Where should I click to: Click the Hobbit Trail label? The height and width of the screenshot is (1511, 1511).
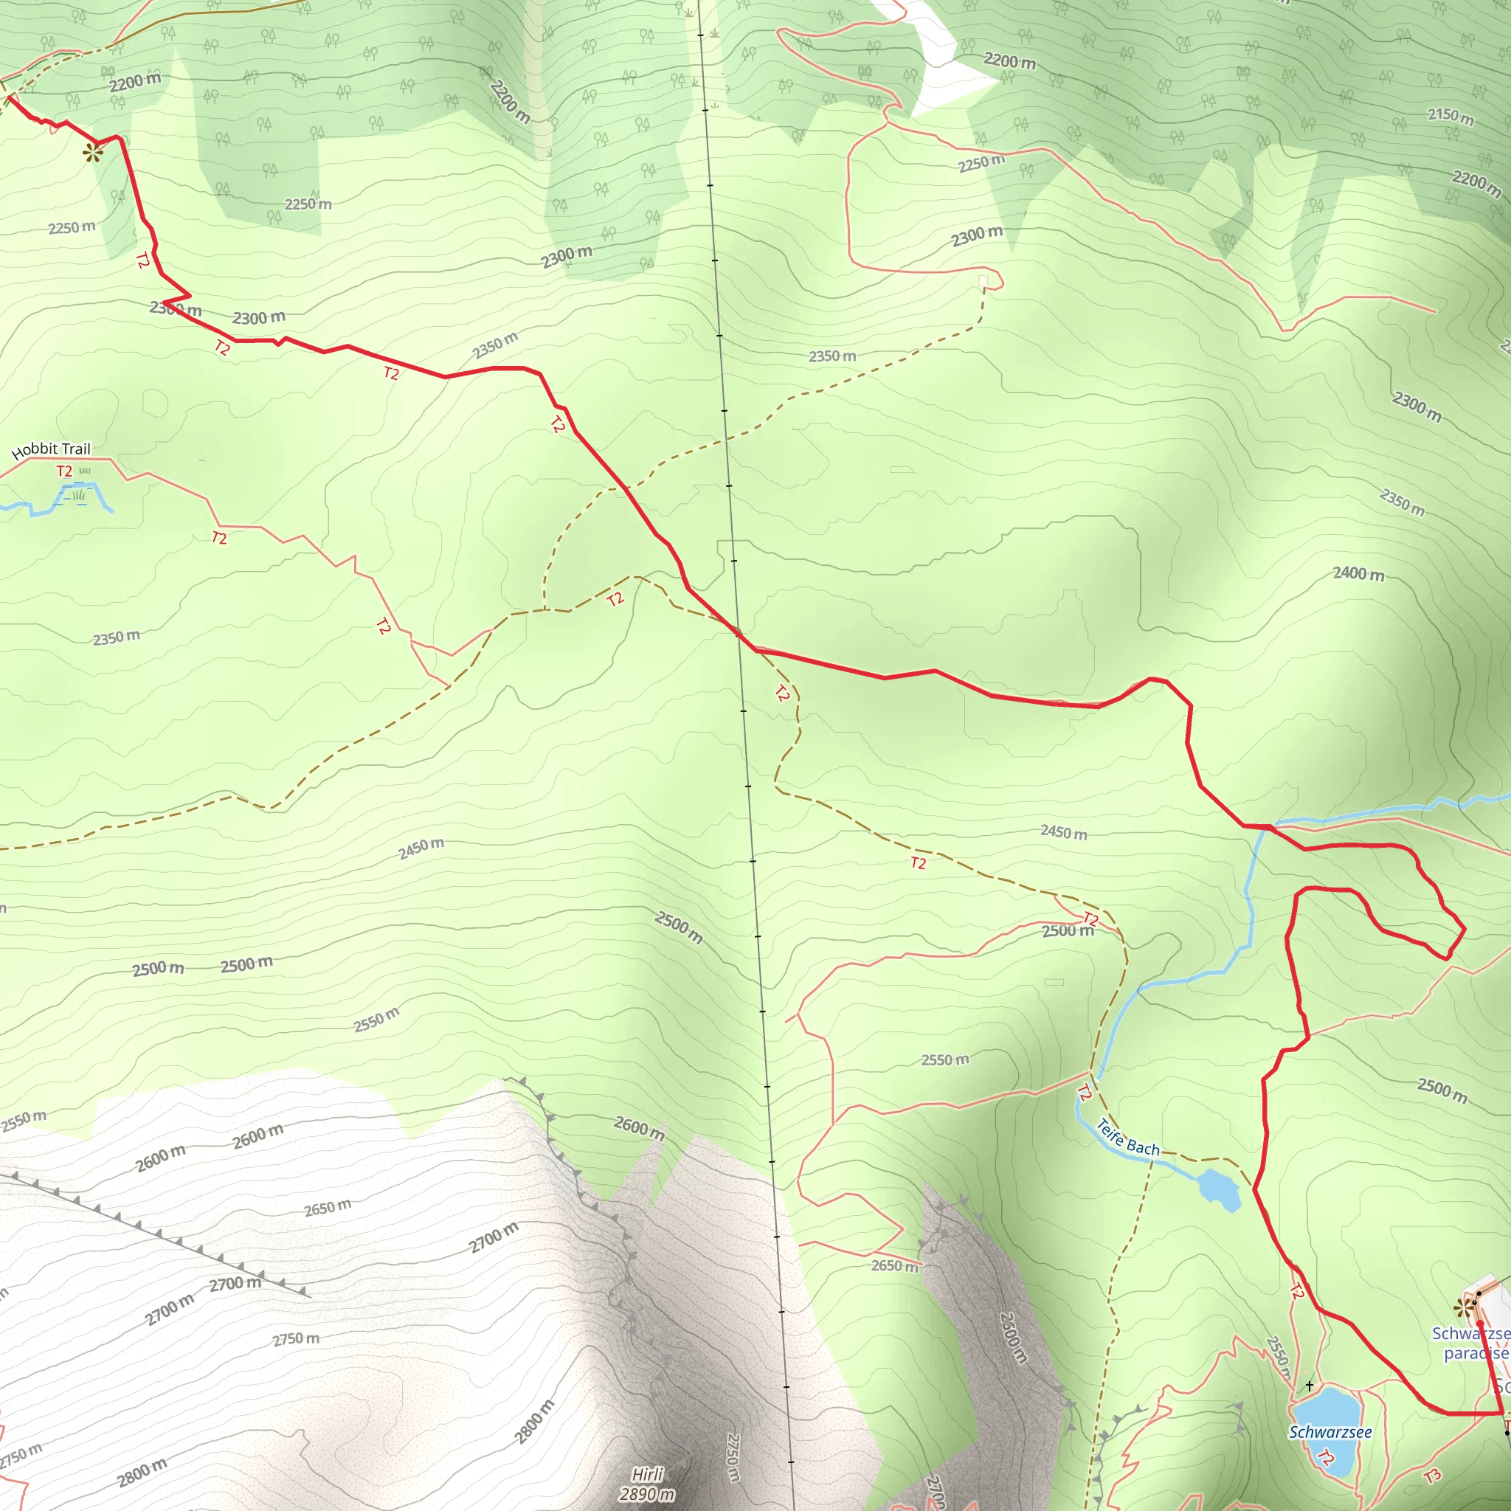point(52,450)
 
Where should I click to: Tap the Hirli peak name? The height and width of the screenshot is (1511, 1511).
point(648,1474)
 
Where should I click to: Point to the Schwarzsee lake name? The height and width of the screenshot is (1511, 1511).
point(1330,1432)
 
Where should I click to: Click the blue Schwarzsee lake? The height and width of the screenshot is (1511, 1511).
point(1330,1408)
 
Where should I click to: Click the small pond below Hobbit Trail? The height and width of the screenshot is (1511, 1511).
point(78,495)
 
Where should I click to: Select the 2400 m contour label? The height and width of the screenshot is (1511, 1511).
point(1358,573)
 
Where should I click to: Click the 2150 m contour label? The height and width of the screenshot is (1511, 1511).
point(1451,116)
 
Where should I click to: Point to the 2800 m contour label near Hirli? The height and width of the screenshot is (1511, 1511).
point(535,1421)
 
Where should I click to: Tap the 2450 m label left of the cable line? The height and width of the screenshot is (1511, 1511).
point(421,848)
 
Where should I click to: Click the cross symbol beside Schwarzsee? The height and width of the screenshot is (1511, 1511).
point(1310,1386)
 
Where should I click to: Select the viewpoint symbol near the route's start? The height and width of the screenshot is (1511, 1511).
point(93,153)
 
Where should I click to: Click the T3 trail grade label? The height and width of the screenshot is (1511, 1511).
point(1431,1475)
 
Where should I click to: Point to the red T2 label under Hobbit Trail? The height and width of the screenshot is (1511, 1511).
point(64,471)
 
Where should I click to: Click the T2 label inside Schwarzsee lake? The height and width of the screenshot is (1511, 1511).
point(1325,1456)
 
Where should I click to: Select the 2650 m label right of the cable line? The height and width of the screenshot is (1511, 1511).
point(895,1265)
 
